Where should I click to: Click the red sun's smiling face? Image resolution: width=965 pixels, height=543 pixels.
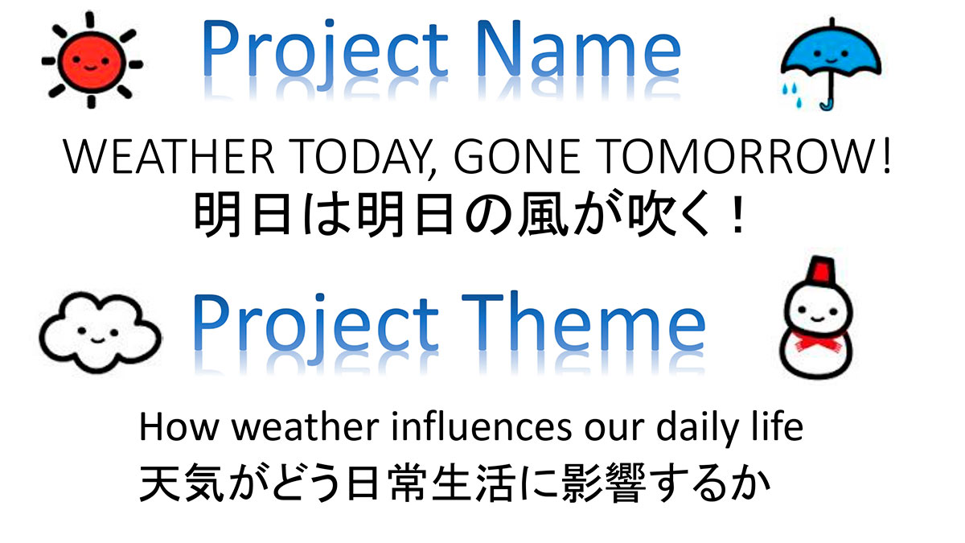(92, 62)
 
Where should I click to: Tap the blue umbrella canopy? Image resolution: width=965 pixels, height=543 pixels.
(831, 51)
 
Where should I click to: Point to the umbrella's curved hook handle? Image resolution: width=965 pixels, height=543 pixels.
(828, 105)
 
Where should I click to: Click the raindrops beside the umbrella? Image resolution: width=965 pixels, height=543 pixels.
(791, 95)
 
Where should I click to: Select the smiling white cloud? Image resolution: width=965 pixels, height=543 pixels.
(100, 331)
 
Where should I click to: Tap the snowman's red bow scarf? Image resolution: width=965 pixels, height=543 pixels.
(817, 342)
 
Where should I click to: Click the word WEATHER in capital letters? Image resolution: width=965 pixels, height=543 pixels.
(168, 156)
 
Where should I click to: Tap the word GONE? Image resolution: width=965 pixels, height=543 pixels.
(517, 156)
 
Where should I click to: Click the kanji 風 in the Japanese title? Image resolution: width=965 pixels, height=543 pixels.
(541, 214)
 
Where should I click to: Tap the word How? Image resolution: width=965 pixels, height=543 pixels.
(179, 426)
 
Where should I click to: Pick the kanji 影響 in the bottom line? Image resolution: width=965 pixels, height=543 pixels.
(604, 483)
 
